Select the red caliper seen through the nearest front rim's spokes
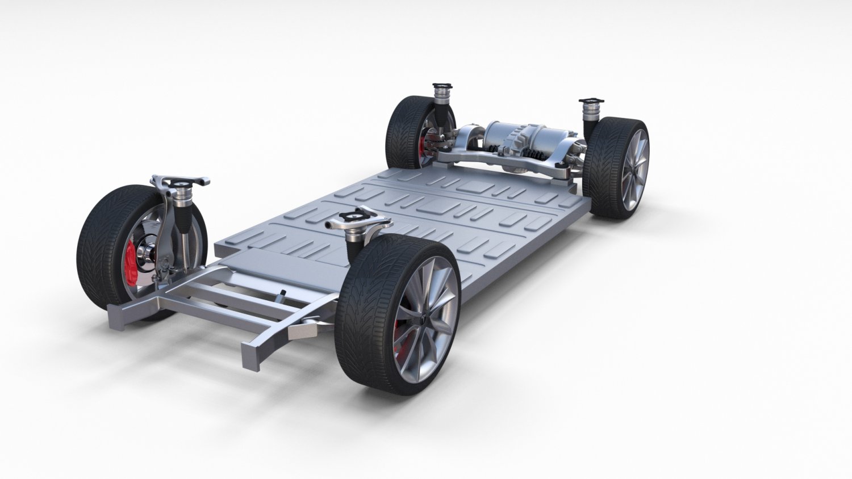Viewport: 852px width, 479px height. [400, 330]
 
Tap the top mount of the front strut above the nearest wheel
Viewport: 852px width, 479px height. [354, 218]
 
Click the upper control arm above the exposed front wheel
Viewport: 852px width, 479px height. [181, 182]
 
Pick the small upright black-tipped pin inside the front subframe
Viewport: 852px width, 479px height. [282, 295]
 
